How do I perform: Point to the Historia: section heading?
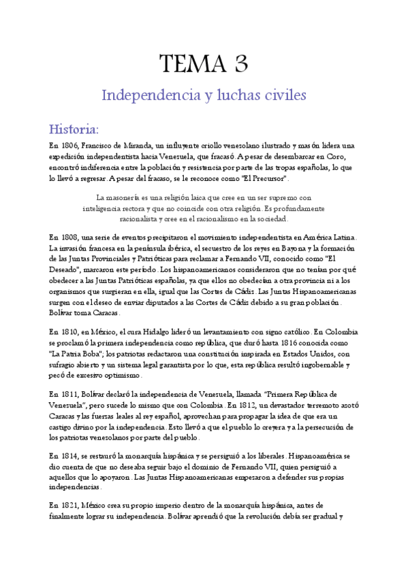[74, 129]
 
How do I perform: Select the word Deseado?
[65, 270]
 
